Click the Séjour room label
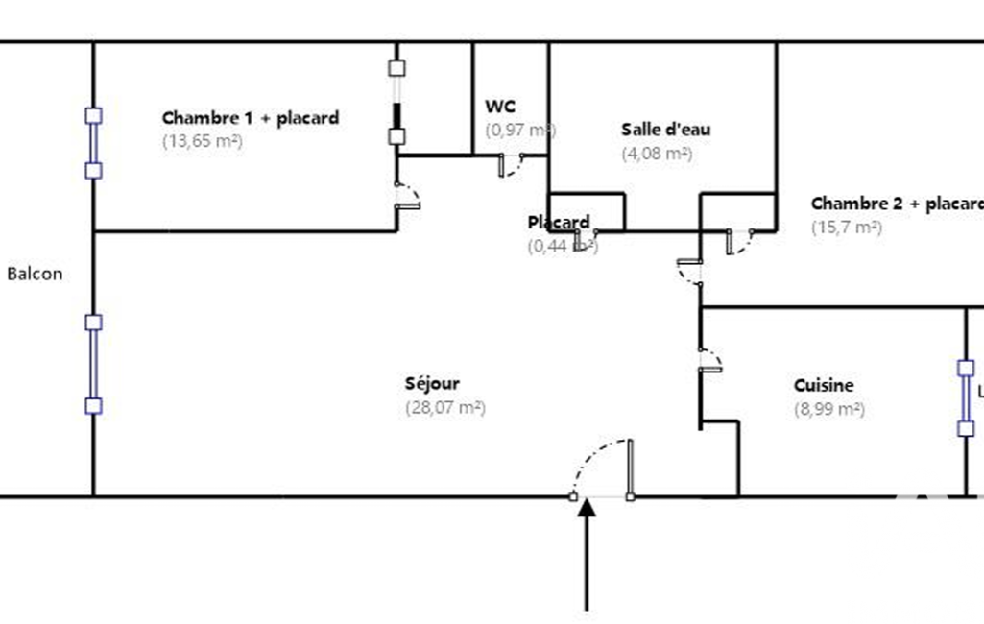(432, 384)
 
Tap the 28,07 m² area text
(445, 407)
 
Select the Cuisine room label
(824, 386)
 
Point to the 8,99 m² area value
(829, 409)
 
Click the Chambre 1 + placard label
(251, 118)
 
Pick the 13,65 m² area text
(202, 140)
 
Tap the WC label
(501, 107)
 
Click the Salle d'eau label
(665, 130)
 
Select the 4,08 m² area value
(657, 153)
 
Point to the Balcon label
(35, 274)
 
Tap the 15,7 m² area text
(846, 228)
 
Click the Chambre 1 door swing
(408, 194)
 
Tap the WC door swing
(511, 165)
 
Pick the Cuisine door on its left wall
(710, 359)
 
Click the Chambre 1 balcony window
(93, 143)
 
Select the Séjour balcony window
(93, 364)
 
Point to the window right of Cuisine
(966, 398)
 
